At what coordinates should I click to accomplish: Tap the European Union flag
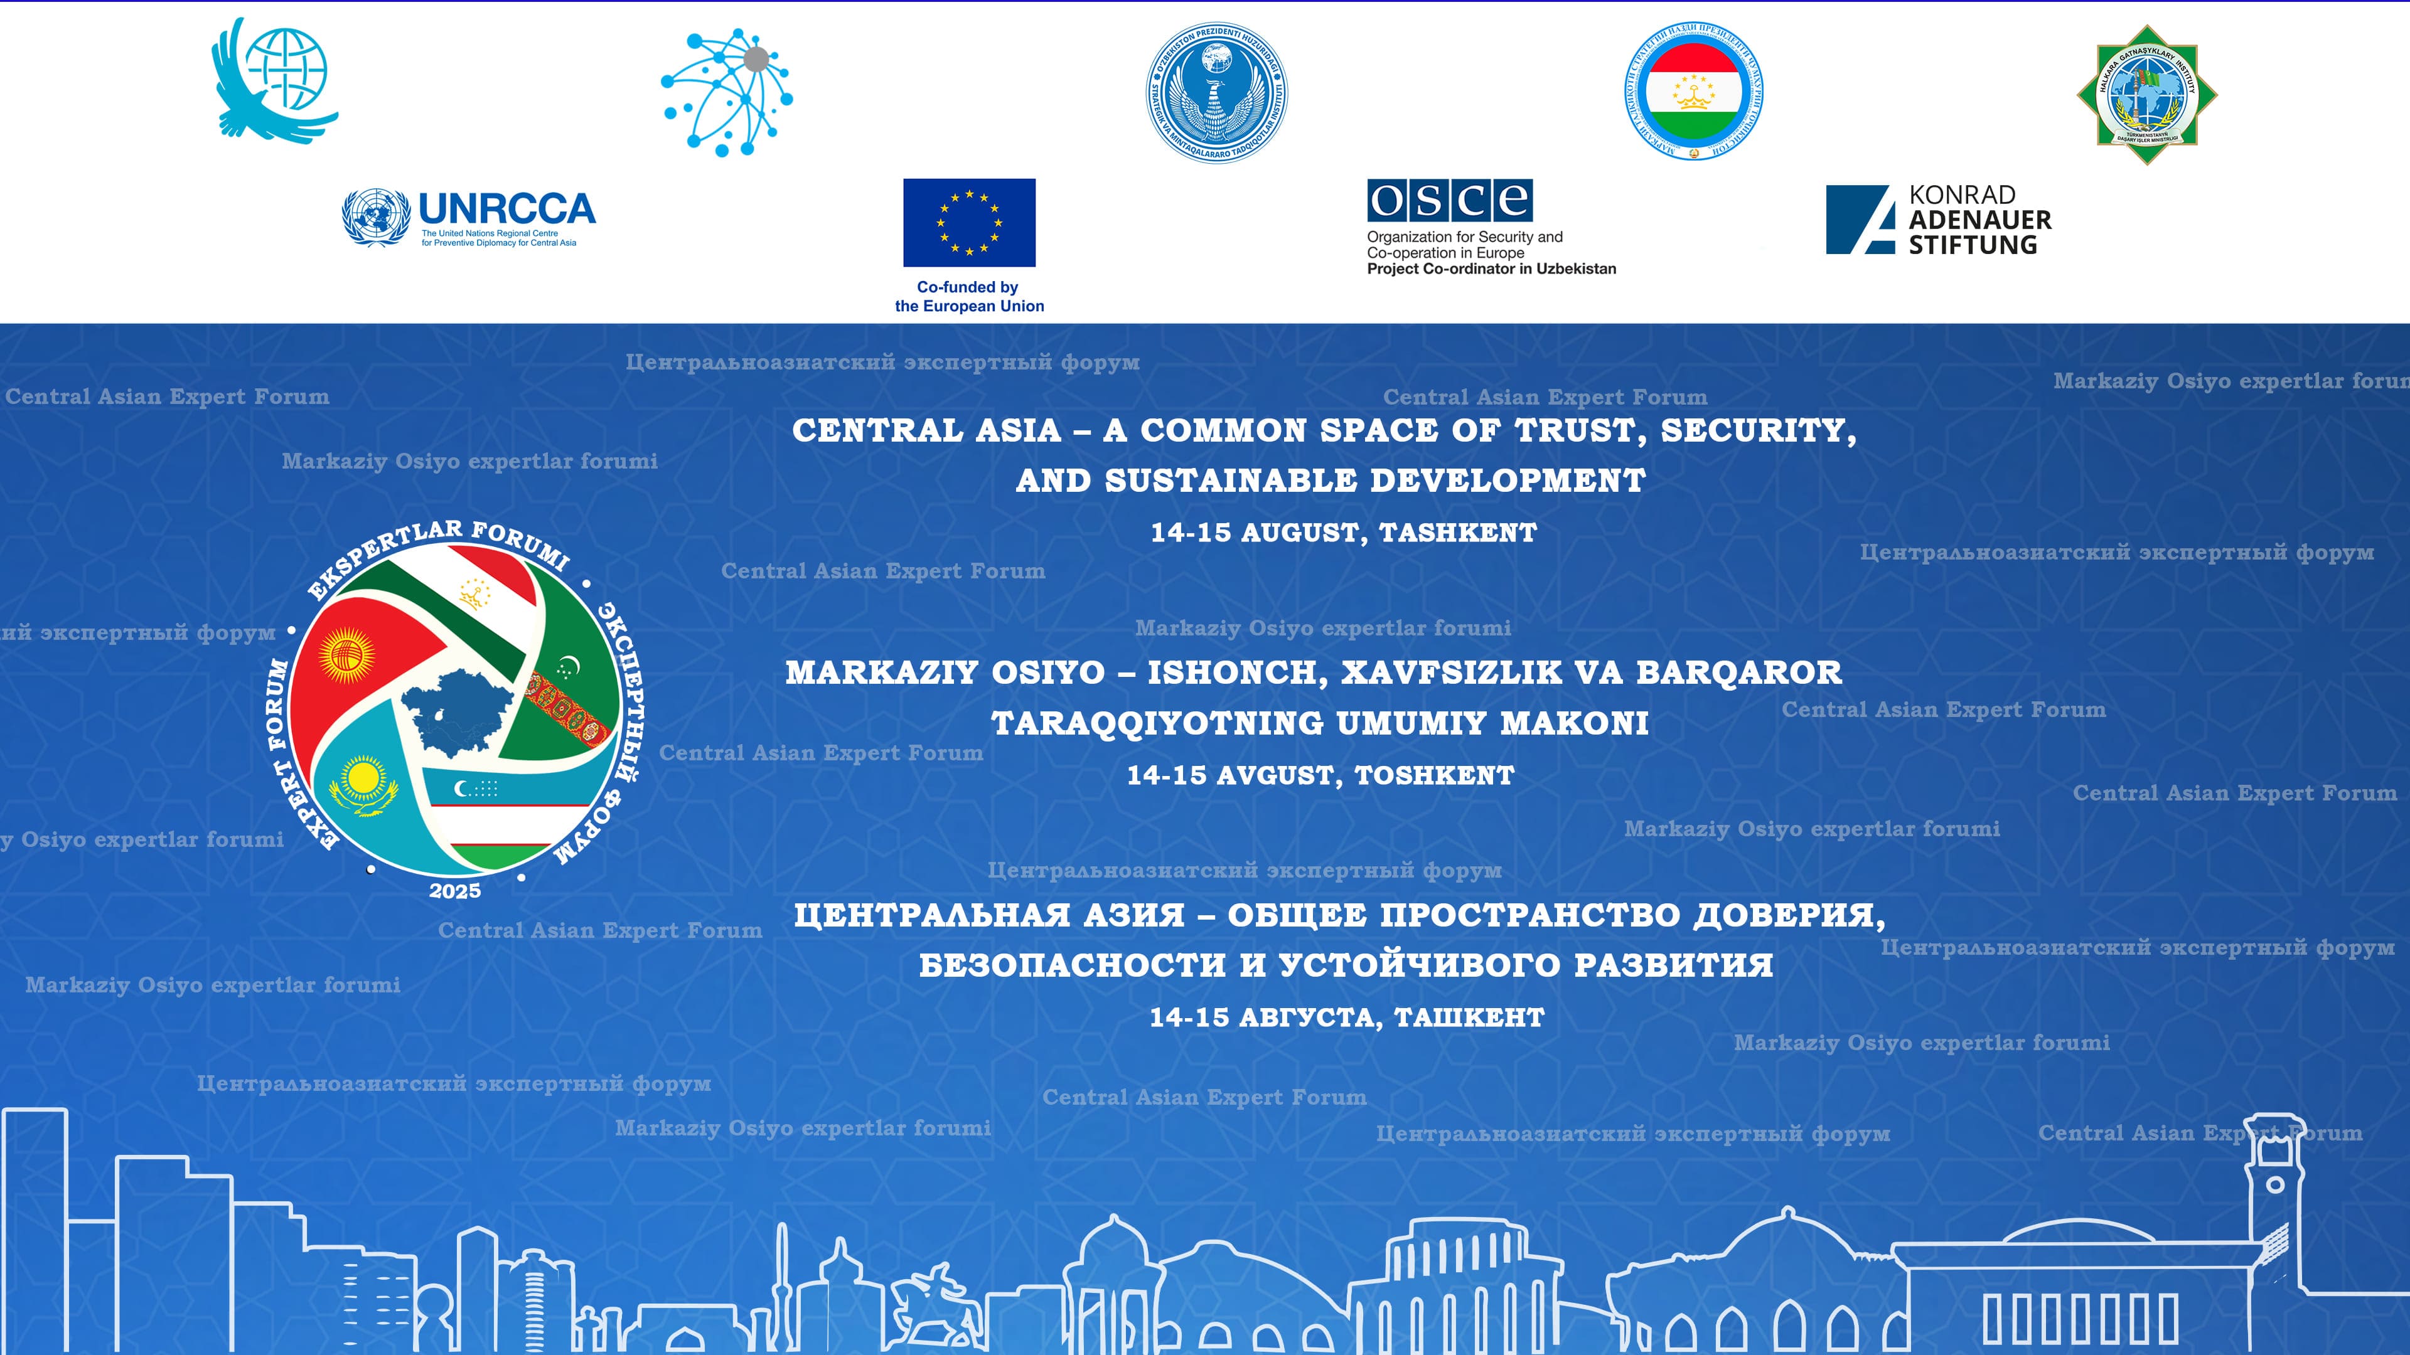pos(968,223)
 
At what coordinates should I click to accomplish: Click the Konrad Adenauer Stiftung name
pos(1979,220)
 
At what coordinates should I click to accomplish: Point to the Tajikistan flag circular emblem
pos(1693,91)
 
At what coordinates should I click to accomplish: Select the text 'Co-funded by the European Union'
pos(968,297)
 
